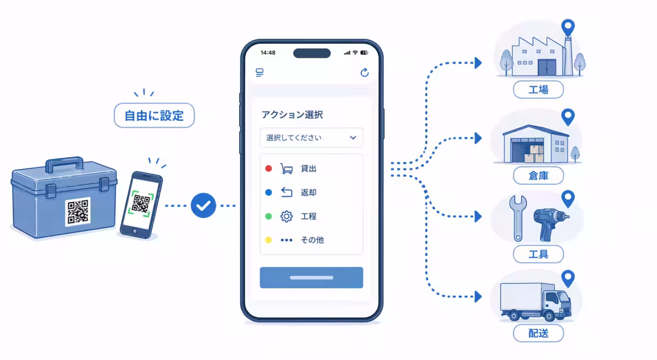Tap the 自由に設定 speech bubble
[x=154, y=115]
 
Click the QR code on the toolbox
[x=78, y=211]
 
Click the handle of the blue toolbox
[x=64, y=165]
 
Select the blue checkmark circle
[x=203, y=205]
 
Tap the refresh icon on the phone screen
[x=364, y=72]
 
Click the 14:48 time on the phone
[x=268, y=53]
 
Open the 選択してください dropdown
[x=312, y=137]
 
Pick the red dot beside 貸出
[x=268, y=169]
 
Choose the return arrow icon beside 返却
[x=286, y=193]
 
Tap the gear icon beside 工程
[x=286, y=216]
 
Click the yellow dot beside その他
[x=268, y=240]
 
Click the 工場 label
[x=538, y=89]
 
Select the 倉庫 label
[x=538, y=176]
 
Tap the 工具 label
[x=538, y=254]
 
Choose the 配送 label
[x=538, y=333]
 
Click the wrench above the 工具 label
[x=518, y=218]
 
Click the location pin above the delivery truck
[x=568, y=278]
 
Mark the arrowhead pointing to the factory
[x=478, y=63]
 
